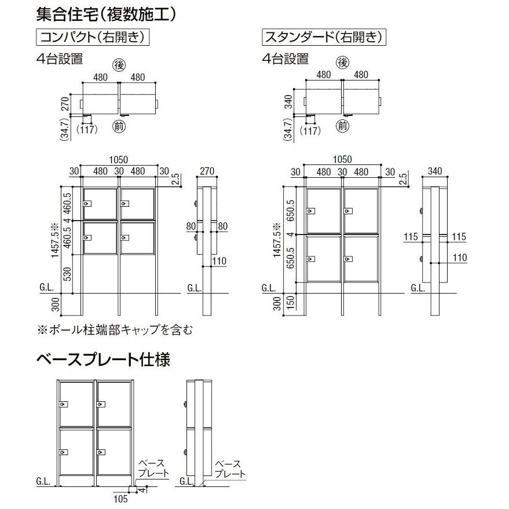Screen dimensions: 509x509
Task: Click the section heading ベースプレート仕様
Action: point(103,360)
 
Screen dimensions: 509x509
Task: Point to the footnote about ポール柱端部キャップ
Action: point(114,330)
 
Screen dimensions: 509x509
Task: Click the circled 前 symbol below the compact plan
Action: point(119,126)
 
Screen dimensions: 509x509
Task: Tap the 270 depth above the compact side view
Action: point(207,170)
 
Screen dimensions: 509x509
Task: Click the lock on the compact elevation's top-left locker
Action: point(86,204)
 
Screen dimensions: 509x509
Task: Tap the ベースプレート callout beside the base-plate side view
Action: point(230,468)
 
